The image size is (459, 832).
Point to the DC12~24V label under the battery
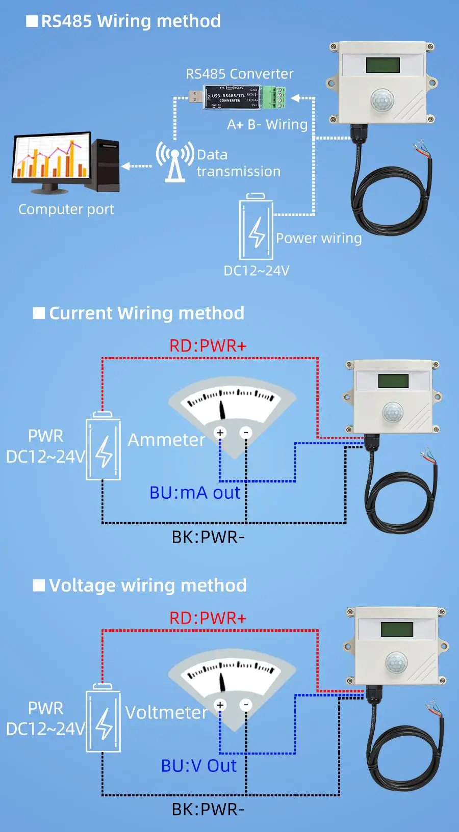pos(257,271)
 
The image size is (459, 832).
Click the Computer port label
pos(66,209)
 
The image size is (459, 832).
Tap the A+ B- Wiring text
pos(267,125)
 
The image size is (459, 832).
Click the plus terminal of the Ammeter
pos(220,433)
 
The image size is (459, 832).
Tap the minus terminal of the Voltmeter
pos(246,705)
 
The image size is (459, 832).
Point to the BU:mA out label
pos(195,493)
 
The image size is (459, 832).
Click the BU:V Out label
pos(199,766)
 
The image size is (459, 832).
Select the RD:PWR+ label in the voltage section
pos(208,618)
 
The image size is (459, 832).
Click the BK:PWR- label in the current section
pos(208,537)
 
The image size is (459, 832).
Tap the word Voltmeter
pos(166,712)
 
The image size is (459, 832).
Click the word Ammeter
pos(166,440)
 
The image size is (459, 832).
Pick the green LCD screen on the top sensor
pos(383,65)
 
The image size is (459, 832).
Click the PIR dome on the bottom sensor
pos(396,662)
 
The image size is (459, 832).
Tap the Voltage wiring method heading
pos(147,585)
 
